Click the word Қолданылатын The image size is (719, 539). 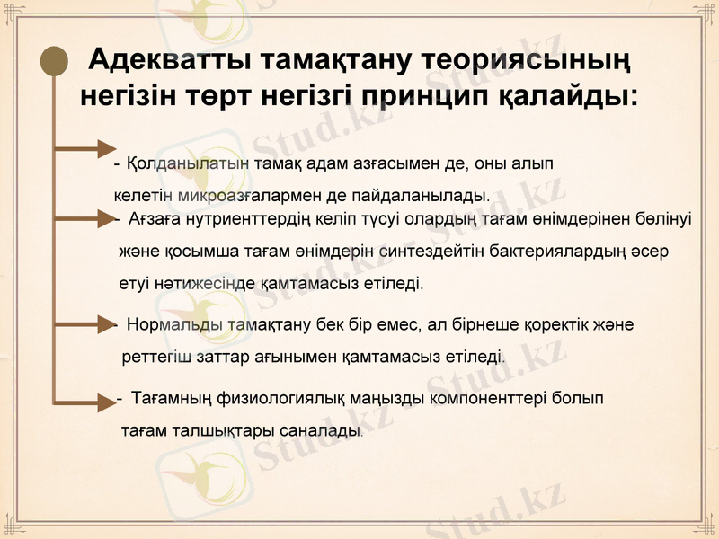point(176,165)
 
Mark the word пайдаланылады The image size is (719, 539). point(431,194)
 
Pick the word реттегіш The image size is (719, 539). point(155,357)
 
